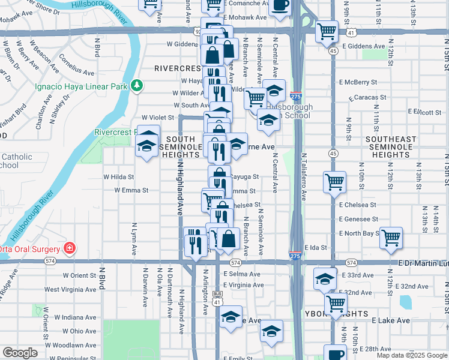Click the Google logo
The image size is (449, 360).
point(20,353)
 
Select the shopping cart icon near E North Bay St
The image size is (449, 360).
point(391,237)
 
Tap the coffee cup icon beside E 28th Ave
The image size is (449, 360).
point(335,353)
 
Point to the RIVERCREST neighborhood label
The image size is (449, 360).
point(176,68)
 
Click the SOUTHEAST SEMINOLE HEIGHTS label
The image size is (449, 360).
point(391,147)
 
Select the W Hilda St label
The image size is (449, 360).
point(118,177)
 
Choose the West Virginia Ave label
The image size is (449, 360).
point(69,289)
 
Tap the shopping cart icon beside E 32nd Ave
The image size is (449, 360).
point(336,303)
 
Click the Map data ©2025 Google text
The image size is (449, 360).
point(411,355)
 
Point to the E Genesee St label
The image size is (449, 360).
point(358,220)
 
